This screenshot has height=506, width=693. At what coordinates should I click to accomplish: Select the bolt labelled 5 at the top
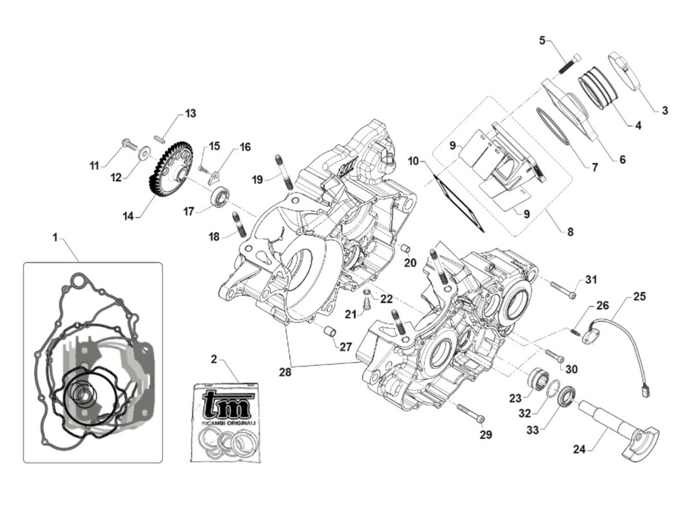[570, 63]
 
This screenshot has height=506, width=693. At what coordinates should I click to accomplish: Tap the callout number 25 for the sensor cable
[639, 297]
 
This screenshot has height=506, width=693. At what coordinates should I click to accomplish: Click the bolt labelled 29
[471, 413]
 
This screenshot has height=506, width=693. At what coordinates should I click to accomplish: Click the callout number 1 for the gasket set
[55, 237]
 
